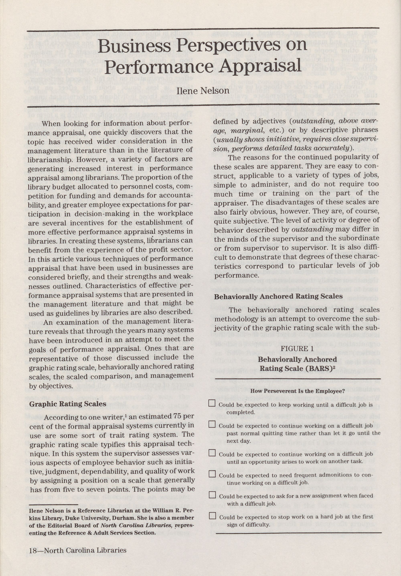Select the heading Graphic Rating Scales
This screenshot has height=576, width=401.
coord(68,404)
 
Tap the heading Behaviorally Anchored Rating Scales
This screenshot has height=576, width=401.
coord(278,297)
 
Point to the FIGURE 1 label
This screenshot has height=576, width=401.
coord(297,348)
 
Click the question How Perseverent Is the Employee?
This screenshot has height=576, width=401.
coord(297,391)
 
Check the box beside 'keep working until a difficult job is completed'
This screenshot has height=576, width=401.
coord(212,403)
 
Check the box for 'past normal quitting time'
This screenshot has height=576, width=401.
coord(212,424)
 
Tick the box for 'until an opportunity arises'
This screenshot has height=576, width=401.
coord(212,453)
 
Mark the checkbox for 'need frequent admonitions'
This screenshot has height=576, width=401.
coord(212,474)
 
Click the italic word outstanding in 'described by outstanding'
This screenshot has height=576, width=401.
coord(312,230)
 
